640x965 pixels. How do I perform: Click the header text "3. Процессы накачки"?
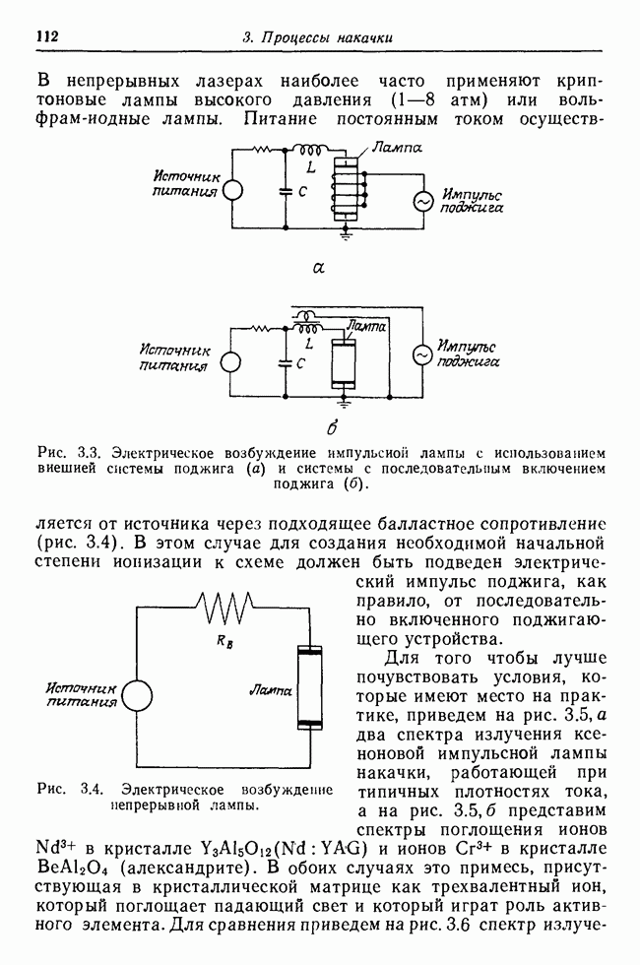[x=317, y=38]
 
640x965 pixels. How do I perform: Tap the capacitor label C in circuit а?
[x=303, y=194]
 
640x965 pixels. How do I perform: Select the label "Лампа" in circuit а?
[x=399, y=148]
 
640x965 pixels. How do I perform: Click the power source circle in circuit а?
[x=231, y=193]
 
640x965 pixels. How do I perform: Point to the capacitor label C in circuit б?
[x=300, y=363]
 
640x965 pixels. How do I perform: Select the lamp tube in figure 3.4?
[x=310, y=689]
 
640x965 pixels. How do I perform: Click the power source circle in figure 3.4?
[x=137, y=693]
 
